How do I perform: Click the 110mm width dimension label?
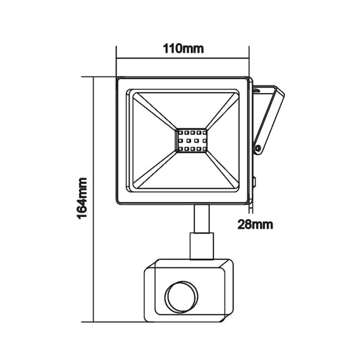pyautogui.click(x=184, y=49)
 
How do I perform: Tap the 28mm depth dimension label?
pyautogui.click(x=255, y=224)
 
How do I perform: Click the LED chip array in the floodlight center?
pyautogui.click(x=191, y=140)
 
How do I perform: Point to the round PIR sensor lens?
pyautogui.click(x=178, y=296)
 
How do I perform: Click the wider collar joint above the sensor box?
pyautogui.click(x=202, y=245)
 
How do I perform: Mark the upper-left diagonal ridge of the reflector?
pyautogui.click(x=154, y=110)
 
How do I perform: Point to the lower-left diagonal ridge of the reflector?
pyautogui.click(x=154, y=170)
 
